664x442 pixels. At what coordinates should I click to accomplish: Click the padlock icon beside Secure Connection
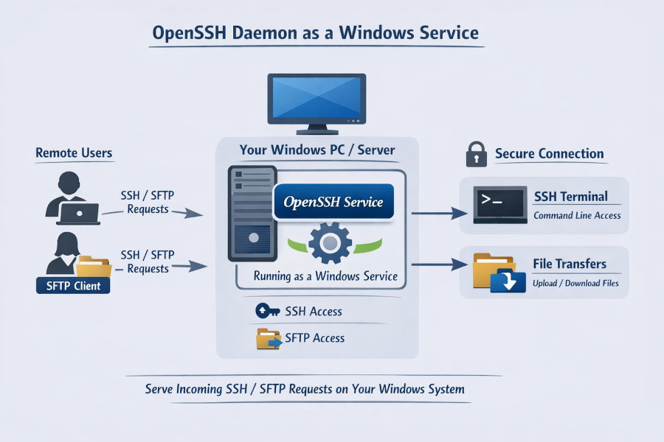coord(477,154)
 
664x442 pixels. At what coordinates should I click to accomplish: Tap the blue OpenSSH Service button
coord(333,201)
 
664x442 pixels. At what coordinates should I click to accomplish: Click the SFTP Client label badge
coord(73,285)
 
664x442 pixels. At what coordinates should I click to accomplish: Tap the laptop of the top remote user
coord(78,214)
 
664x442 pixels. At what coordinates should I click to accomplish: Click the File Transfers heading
coord(569,264)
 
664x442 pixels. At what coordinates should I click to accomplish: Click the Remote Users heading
coord(74,153)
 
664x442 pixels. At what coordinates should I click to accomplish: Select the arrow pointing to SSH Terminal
coord(440,213)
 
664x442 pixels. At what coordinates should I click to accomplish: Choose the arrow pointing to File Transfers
coord(440,264)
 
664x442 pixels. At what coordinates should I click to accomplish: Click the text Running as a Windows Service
coord(325,277)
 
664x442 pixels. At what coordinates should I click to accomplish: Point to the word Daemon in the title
coord(255,34)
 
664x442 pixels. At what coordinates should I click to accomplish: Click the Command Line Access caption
coord(576,216)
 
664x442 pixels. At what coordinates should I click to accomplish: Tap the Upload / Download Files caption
coord(575,283)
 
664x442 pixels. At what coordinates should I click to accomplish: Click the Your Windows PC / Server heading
coord(317,150)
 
